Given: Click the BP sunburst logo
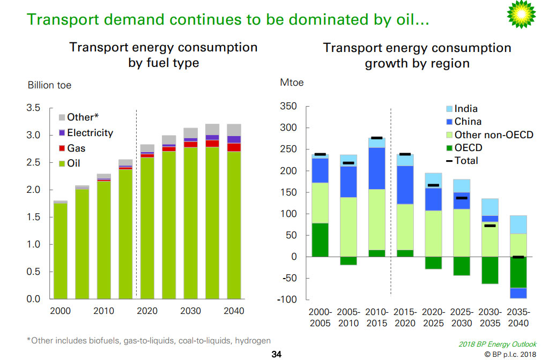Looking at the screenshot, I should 521,15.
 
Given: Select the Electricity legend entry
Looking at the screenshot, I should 90,133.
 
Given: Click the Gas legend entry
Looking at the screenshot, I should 76,148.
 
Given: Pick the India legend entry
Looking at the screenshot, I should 465,109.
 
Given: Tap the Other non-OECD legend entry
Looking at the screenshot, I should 493,134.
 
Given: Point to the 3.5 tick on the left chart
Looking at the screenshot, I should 33,108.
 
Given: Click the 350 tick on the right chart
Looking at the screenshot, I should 288,107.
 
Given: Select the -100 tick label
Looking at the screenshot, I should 287,300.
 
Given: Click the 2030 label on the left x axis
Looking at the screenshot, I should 190,311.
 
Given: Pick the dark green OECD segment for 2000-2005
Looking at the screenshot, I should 321,240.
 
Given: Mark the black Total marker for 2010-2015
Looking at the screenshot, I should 376,138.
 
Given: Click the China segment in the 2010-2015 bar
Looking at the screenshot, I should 376,168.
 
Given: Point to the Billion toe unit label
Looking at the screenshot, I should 49,85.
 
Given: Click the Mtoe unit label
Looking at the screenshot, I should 292,82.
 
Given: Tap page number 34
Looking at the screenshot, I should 277,354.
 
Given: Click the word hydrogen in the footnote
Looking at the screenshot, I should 252,341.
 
